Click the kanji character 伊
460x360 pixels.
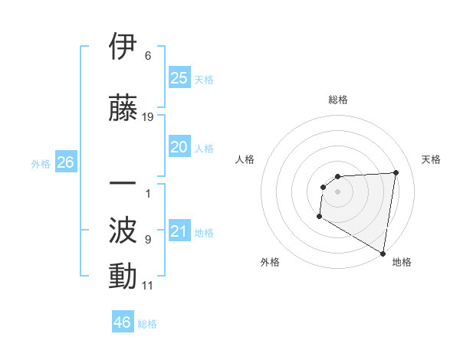[x=123, y=47]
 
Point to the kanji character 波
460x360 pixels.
[x=123, y=230]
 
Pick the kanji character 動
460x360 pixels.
[x=123, y=276]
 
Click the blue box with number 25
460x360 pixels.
[x=179, y=78]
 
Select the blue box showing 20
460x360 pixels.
[x=179, y=147]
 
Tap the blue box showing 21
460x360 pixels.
[x=179, y=231]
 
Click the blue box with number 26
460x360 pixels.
[x=65, y=162]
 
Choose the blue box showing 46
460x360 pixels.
[x=123, y=322]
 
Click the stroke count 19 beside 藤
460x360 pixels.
[x=148, y=117]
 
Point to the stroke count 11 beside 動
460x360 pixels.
[x=148, y=286]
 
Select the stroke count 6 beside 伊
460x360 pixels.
[x=148, y=56]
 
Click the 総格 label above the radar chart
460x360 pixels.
[x=337, y=100]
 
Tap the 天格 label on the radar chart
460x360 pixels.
[x=431, y=159]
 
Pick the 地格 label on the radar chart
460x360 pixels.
[x=402, y=262]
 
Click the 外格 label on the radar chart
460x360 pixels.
[x=270, y=262]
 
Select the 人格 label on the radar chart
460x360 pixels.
[x=245, y=159]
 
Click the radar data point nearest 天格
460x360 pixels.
[x=396, y=172]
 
